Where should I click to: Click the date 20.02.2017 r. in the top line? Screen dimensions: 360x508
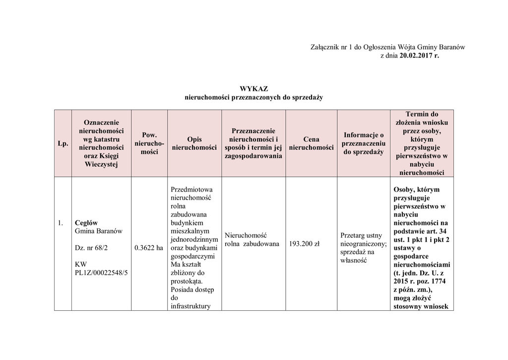coord(419,56)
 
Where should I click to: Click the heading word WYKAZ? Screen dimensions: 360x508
coord(254,89)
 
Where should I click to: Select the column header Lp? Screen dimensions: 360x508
coord(63,144)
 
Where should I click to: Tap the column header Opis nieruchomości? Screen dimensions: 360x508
coord(194,144)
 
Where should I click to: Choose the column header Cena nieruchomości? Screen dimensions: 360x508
coord(311,144)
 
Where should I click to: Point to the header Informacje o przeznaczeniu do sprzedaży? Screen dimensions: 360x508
coord(364,143)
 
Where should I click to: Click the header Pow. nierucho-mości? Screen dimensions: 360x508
coord(149,143)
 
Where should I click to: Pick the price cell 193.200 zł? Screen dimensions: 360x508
coord(304,244)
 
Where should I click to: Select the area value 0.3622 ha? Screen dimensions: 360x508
coord(149,247)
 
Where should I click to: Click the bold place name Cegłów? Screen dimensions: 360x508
coord(86,222)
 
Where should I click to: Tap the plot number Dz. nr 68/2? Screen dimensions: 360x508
coord(92,247)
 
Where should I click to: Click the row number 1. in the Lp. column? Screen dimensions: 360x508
coord(60,222)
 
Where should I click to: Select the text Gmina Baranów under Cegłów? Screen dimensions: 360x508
coord(98,231)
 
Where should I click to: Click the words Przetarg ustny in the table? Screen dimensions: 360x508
coord(361,235)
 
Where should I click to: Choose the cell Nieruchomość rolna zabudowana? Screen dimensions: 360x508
coord(252,239)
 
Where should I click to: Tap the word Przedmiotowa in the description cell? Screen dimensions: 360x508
coord(191,189)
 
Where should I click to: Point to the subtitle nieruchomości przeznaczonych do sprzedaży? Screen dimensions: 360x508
coord(254,97)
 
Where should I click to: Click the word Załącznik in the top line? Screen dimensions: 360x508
coord(325,47)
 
